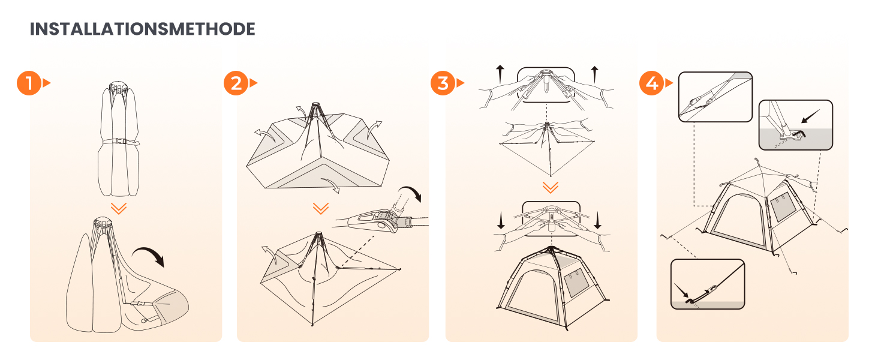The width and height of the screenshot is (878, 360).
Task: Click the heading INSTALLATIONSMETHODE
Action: pyautogui.click(x=142, y=29)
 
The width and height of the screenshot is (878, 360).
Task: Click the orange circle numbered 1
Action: pyautogui.click(x=29, y=83)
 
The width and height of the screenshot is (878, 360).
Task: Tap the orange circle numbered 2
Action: pyautogui.click(x=236, y=83)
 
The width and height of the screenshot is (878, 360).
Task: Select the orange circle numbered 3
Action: pyautogui.click(x=443, y=83)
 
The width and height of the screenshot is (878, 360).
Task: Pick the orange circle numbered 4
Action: pyautogui.click(x=652, y=83)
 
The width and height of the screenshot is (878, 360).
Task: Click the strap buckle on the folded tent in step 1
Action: pyautogui.click(x=119, y=142)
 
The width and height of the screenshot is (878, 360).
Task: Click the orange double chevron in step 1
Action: pyautogui.click(x=118, y=208)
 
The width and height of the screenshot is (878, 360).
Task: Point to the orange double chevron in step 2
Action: pyautogui.click(x=321, y=208)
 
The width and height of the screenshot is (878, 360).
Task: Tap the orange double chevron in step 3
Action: pyautogui.click(x=551, y=187)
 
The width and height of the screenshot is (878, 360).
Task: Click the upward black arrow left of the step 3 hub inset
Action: pyautogui.click(x=500, y=74)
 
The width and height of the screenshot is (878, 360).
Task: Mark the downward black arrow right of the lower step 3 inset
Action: pyautogui.click(x=597, y=220)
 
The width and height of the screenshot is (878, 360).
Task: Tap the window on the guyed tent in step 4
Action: pyautogui.click(x=783, y=206)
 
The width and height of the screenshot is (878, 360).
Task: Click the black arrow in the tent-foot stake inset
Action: pyautogui.click(x=810, y=116)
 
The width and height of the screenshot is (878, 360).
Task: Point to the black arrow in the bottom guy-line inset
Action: pyautogui.click(x=681, y=290)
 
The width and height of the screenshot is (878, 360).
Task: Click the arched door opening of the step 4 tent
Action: pyautogui.click(x=738, y=220)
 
